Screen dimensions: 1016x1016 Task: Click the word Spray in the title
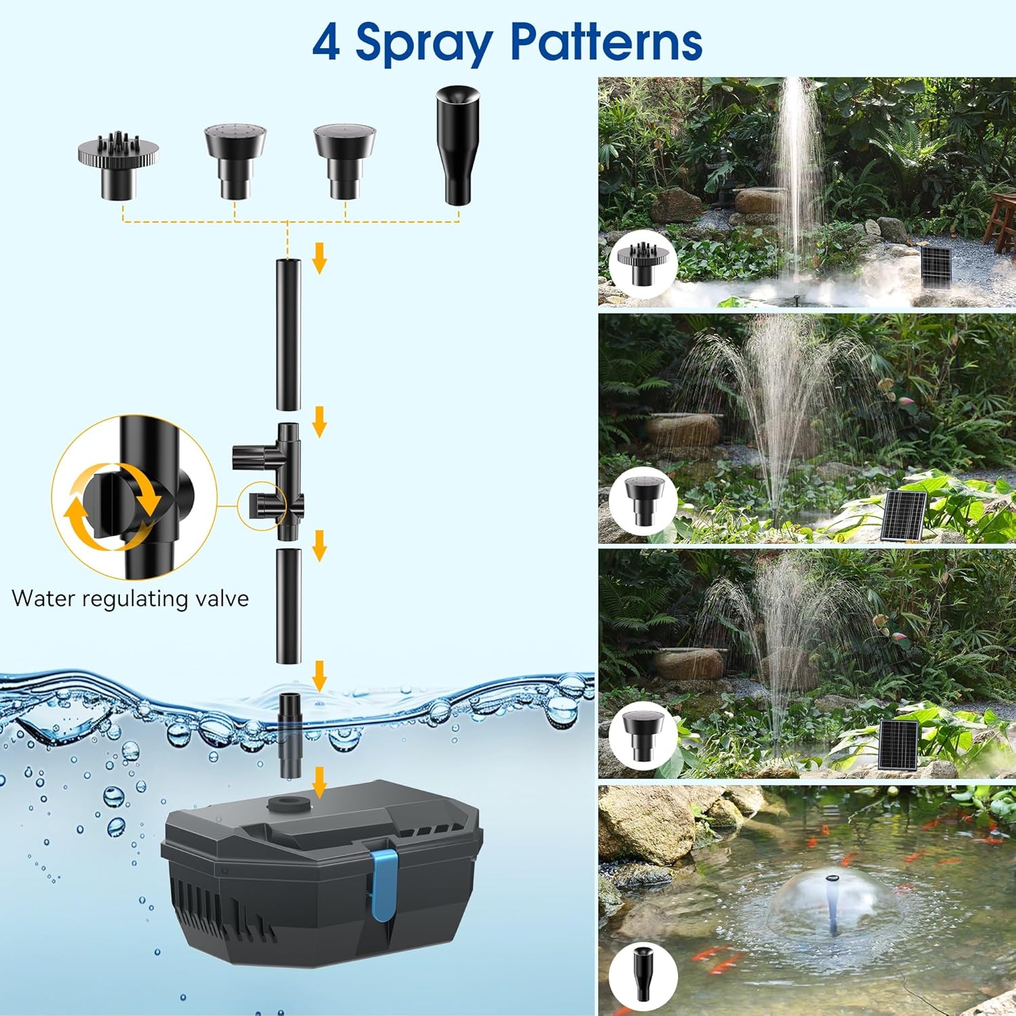(424, 43)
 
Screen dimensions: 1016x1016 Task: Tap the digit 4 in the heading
(326, 43)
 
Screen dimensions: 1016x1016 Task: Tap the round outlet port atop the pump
(288, 804)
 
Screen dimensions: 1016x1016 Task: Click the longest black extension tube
(288, 334)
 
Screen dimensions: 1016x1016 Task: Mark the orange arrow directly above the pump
(319, 782)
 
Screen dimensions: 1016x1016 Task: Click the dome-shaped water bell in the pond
(832, 901)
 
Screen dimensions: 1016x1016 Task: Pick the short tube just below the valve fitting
(288, 606)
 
